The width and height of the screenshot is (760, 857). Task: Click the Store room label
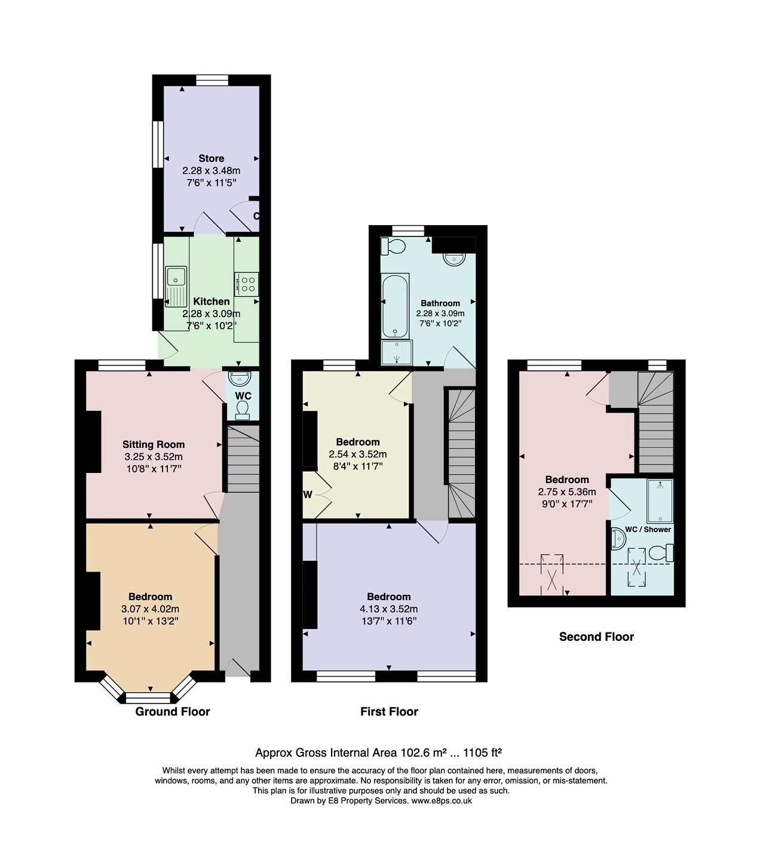tap(211, 158)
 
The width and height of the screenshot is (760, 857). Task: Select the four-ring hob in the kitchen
tap(246, 284)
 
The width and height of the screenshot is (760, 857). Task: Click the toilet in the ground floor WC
tap(242, 410)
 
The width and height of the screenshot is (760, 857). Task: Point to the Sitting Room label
tap(154, 444)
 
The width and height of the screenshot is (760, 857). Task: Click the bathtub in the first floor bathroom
tap(395, 305)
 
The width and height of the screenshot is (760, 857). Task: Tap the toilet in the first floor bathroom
tap(393, 246)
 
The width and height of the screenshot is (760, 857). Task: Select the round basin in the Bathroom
tap(454, 259)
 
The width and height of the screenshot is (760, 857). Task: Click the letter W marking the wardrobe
tap(308, 494)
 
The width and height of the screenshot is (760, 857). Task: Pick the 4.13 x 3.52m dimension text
tap(388, 609)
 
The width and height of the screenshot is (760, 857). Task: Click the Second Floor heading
tap(596, 637)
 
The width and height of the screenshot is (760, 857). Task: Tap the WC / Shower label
tap(648, 529)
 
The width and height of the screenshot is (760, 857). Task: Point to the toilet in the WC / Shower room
tap(661, 552)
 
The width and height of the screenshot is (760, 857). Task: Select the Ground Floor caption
tap(173, 711)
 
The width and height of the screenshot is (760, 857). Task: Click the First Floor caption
tap(389, 711)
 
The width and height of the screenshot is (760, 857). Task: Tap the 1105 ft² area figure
tap(482, 752)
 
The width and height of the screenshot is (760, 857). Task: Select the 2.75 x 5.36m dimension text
tap(566, 492)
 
